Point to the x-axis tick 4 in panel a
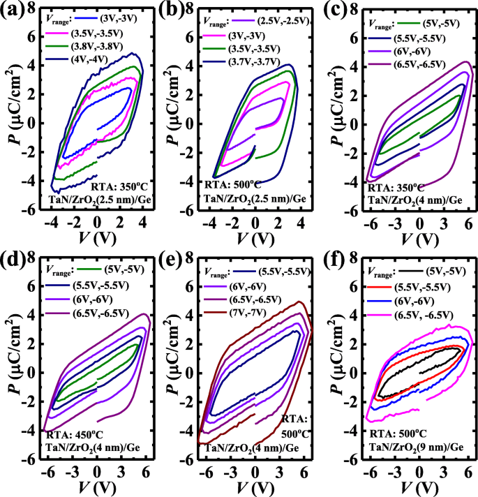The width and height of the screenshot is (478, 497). point(143,221)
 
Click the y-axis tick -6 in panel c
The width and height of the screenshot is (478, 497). point(342,209)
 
